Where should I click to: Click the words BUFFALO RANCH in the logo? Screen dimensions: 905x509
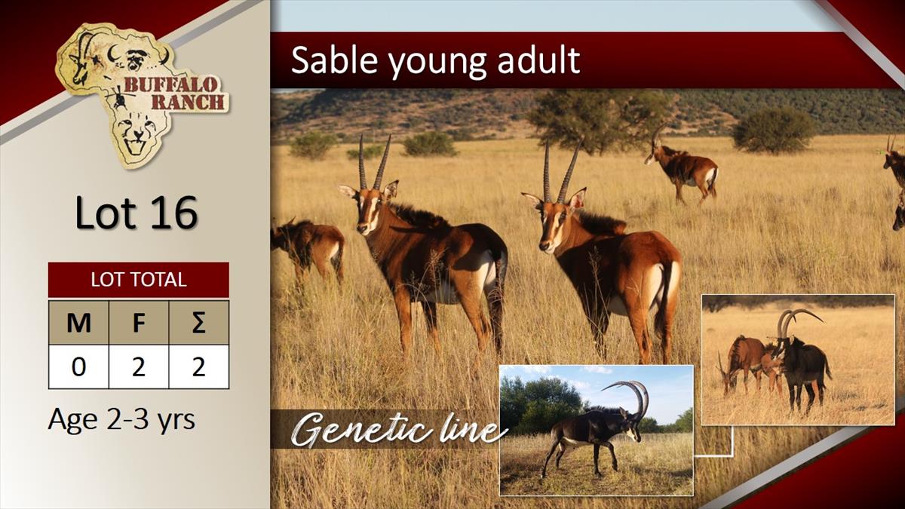[x=173, y=94]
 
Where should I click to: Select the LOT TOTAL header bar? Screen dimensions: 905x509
[x=139, y=280]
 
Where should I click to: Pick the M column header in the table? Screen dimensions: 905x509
[x=78, y=323]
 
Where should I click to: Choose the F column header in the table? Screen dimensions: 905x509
[x=139, y=323]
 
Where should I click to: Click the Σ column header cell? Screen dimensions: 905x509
[x=199, y=323]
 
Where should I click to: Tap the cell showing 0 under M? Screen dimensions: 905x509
[x=78, y=366]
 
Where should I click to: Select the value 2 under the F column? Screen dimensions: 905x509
[x=139, y=366]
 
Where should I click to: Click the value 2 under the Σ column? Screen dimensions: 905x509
[x=199, y=366]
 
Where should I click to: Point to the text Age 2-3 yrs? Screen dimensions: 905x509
[x=121, y=420]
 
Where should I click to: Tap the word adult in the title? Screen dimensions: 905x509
[x=538, y=60]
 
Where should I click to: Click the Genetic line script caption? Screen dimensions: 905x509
[x=398, y=429]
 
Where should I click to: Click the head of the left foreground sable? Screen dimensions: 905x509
[x=368, y=208]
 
